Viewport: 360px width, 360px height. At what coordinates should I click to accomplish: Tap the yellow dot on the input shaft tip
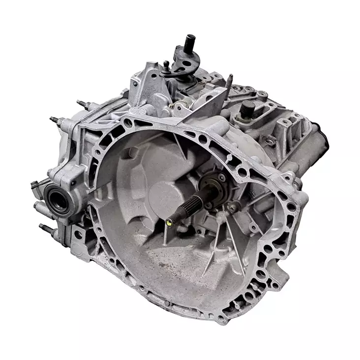(x=170, y=222)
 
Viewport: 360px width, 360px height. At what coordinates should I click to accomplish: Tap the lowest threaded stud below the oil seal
(x=46, y=228)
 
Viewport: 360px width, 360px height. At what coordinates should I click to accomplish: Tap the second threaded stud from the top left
(x=56, y=120)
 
